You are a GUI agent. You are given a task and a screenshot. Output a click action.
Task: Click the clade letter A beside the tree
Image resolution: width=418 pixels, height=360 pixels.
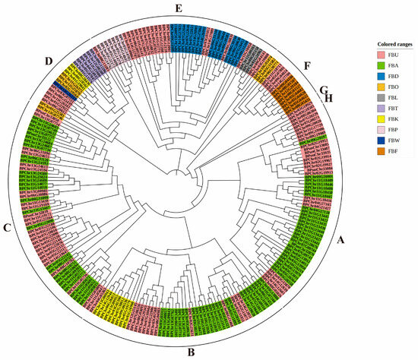(341, 239)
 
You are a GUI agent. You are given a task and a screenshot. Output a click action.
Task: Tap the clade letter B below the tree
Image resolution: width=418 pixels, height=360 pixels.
(191, 352)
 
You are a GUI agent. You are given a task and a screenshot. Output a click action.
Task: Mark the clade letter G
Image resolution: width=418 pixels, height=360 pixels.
(323, 89)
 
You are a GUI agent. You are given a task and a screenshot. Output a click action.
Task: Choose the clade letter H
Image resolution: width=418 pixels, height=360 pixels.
(329, 98)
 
